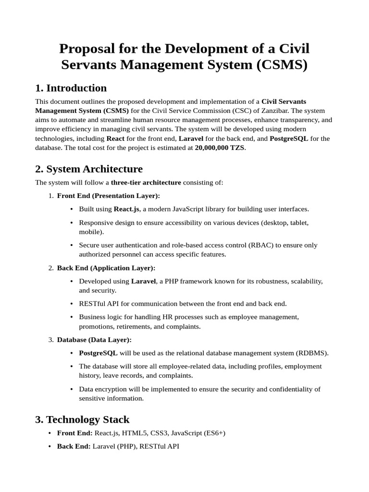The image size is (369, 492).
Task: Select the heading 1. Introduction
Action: (71, 88)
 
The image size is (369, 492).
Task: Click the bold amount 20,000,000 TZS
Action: (220, 148)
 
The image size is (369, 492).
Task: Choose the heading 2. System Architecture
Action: (89, 169)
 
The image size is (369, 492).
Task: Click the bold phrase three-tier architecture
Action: (146, 183)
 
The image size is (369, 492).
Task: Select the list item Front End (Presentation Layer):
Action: (109, 196)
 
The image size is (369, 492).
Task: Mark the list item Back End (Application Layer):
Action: (106, 268)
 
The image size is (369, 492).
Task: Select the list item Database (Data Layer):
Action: (94, 340)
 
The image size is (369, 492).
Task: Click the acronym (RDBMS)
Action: (312, 353)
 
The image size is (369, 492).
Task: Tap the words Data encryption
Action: (104, 389)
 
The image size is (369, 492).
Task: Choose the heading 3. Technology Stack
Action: (82, 419)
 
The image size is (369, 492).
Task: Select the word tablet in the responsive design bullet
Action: (299, 222)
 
